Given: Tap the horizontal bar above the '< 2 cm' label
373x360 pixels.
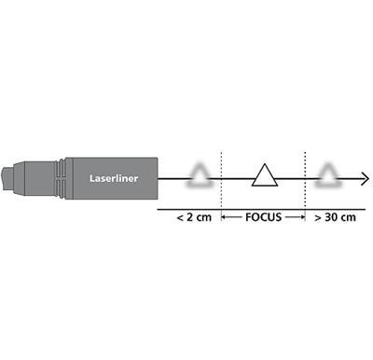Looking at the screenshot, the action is (x=187, y=208).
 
